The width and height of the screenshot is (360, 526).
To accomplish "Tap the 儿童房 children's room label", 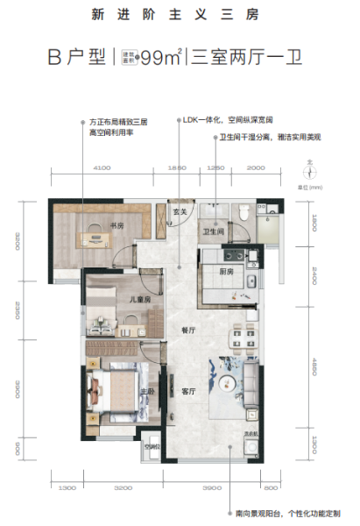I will click(x=130, y=300).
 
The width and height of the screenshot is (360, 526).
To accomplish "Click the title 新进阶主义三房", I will click(x=179, y=15).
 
